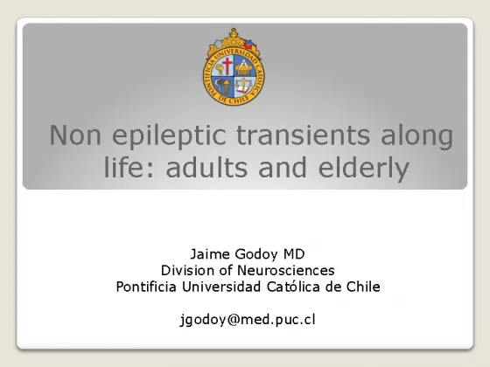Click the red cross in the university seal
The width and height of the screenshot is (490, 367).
(227, 66)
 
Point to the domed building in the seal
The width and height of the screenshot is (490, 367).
(243, 69)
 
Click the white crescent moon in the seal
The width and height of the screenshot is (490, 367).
(217, 83)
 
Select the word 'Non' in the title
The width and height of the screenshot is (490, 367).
(75, 135)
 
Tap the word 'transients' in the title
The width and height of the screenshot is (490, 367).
(303, 135)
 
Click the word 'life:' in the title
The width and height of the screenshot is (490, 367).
(129, 167)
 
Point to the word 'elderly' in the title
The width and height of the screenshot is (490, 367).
(363, 169)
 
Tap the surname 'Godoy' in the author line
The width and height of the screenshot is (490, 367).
(255, 255)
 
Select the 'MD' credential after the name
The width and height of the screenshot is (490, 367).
(293, 254)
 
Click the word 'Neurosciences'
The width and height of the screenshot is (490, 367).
(286, 270)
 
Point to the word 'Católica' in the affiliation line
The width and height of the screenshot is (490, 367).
(293, 287)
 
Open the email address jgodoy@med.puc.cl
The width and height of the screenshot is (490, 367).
(248, 320)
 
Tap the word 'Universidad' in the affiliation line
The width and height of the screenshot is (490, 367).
(221, 287)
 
